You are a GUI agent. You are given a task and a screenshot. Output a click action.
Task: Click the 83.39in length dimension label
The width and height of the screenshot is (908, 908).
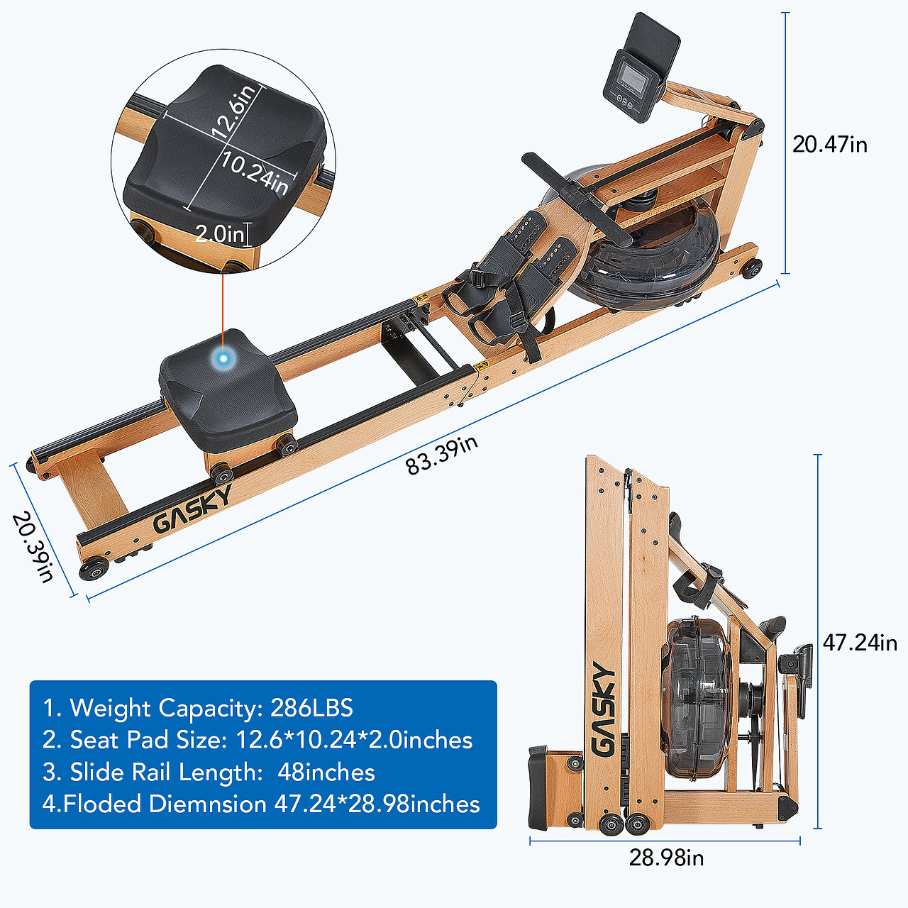click(441, 455)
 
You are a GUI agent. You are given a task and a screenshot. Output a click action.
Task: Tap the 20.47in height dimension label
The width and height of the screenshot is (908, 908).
click(830, 144)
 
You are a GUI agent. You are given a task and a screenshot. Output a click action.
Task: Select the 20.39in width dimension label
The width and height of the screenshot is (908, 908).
click(33, 547)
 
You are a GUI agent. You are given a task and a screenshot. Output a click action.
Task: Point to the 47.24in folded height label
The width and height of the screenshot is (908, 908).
click(860, 643)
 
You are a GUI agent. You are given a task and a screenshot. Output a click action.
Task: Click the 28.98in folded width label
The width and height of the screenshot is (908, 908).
click(666, 858)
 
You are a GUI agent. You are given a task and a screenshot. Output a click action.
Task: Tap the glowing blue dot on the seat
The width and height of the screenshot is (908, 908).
click(224, 358)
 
